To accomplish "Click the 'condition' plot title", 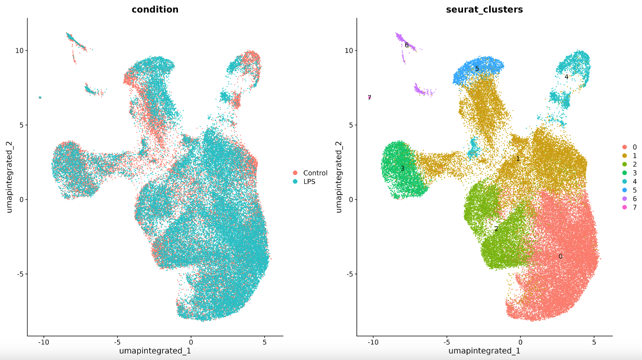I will coord(155,10).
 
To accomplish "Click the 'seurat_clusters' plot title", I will coord(484,10).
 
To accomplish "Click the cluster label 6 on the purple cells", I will coord(406,45).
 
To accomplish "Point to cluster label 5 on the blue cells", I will coord(477,69).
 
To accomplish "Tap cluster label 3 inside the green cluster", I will coord(402,168).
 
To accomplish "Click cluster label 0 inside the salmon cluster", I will coord(560,256).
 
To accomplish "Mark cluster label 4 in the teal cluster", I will coord(566,77).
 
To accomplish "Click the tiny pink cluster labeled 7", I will coord(369,98).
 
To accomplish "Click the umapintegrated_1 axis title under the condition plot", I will coord(155,351).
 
